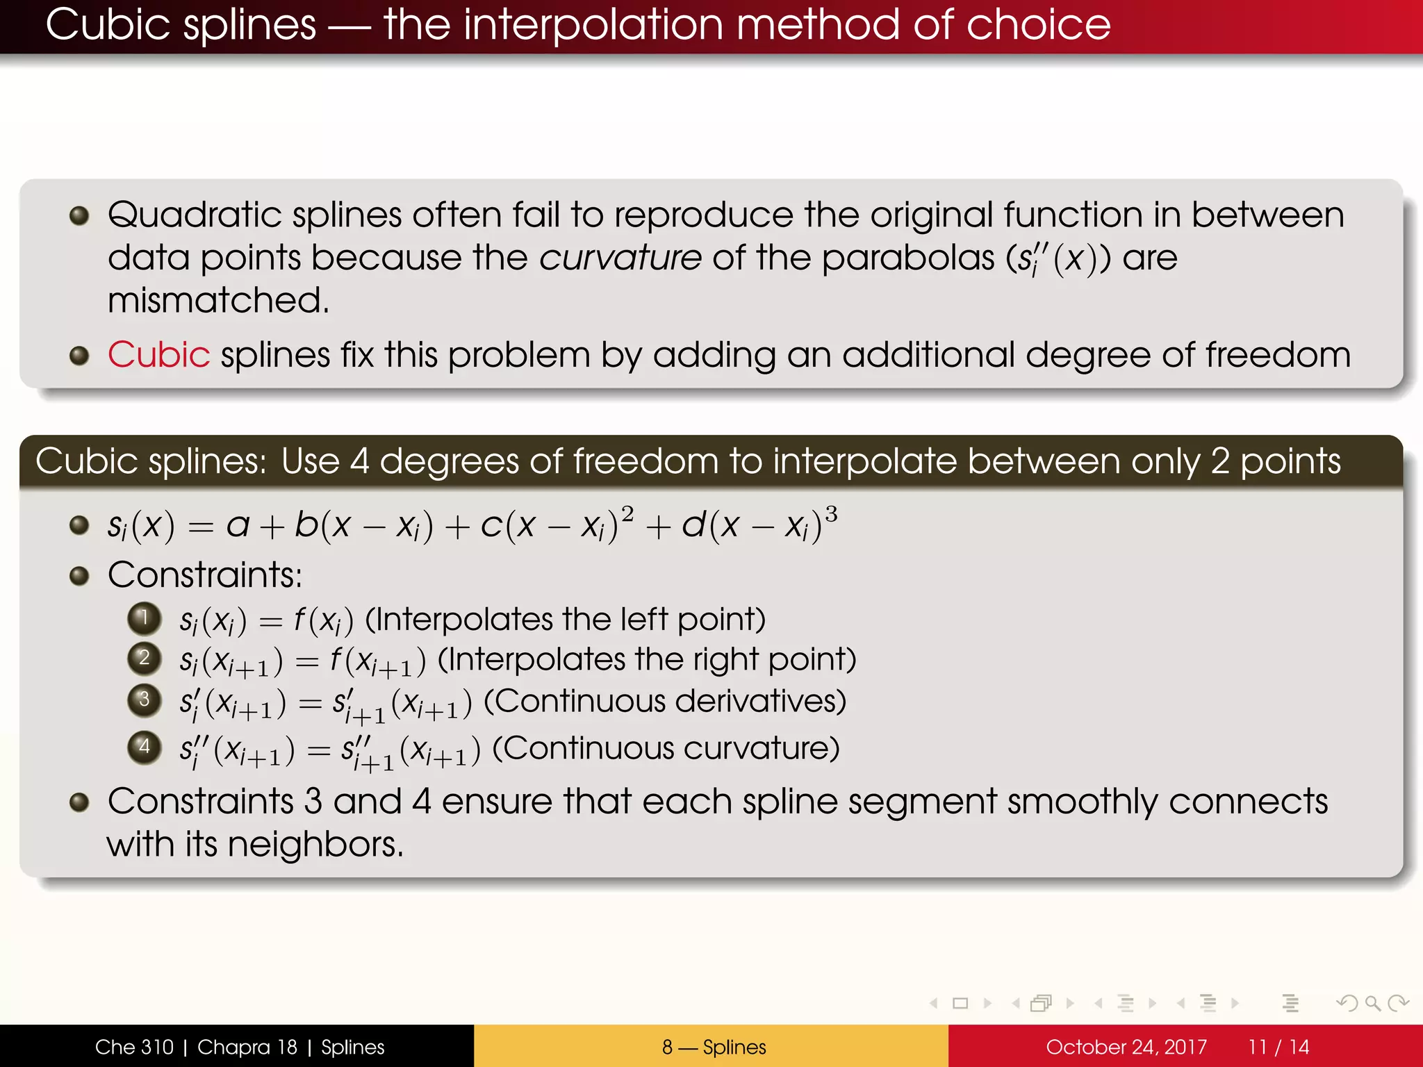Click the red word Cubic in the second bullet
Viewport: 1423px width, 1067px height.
click(x=158, y=355)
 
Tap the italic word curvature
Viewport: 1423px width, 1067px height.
click(x=620, y=258)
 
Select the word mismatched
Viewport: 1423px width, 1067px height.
click(x=218, y=301)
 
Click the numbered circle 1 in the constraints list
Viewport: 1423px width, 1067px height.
click(x=145, y=618)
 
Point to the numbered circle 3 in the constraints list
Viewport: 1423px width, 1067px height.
click(x=145, y=699)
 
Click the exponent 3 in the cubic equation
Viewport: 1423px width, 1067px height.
click(x=831, y=515)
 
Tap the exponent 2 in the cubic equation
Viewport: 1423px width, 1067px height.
click(x=627, y=515)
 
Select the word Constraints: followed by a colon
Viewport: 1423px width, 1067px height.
click(x=205, y=575)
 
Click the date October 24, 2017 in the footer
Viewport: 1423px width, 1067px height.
click(x=1126, y=1047)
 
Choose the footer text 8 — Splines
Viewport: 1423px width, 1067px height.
click(x=714, y=1047)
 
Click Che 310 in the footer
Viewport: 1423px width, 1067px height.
click(x=134, y=1047)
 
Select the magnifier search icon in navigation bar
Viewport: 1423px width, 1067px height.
click(x=1372, y=1003)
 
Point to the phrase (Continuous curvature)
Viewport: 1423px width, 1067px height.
click(x=666, y=748)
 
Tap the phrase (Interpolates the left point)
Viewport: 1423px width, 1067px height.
click(x=565, y=619)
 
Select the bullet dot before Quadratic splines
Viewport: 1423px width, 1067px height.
click(x=79, y=215)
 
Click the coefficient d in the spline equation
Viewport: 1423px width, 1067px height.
click(x=693, y=525)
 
